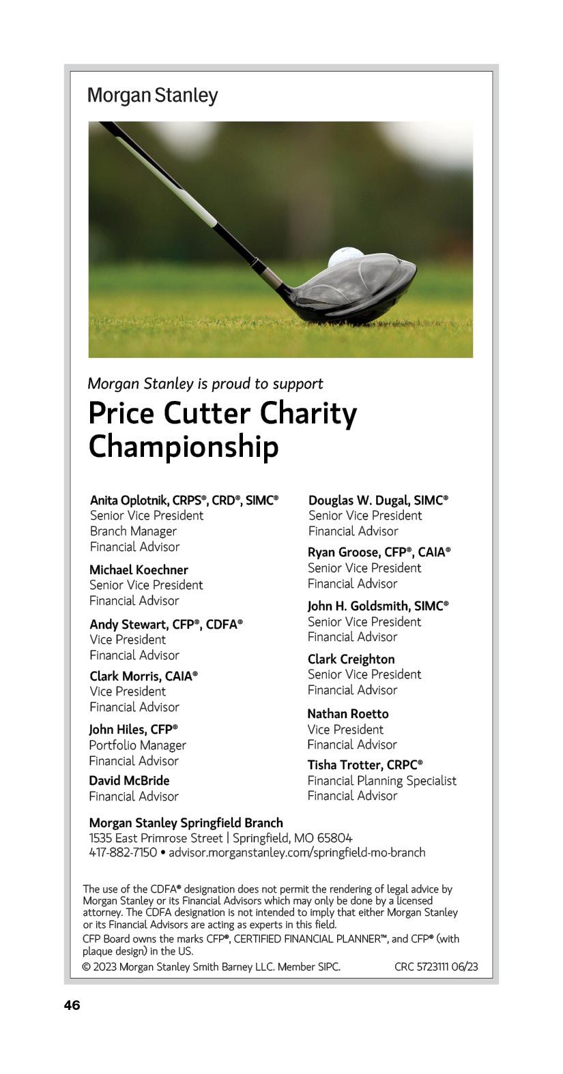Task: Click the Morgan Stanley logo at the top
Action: pyautogui.click(x=152, y=95)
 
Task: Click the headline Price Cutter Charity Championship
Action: pyautogui.click(x=222, y=430)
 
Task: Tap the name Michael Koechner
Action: pyautogui.click(x=139, y=569)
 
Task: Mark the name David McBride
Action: pyautogui.click(x=129, y=780)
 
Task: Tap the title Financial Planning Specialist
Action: pyautogui.click(x=381, y=781)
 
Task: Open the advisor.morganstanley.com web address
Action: pyautogui.click(x=297, y=852)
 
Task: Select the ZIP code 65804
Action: pyautogui.click(x=334, y=838)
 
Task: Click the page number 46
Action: pyautogui.click(x=72, y=1005)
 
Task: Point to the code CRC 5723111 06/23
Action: pyautogui.click(x=436, y=966)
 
